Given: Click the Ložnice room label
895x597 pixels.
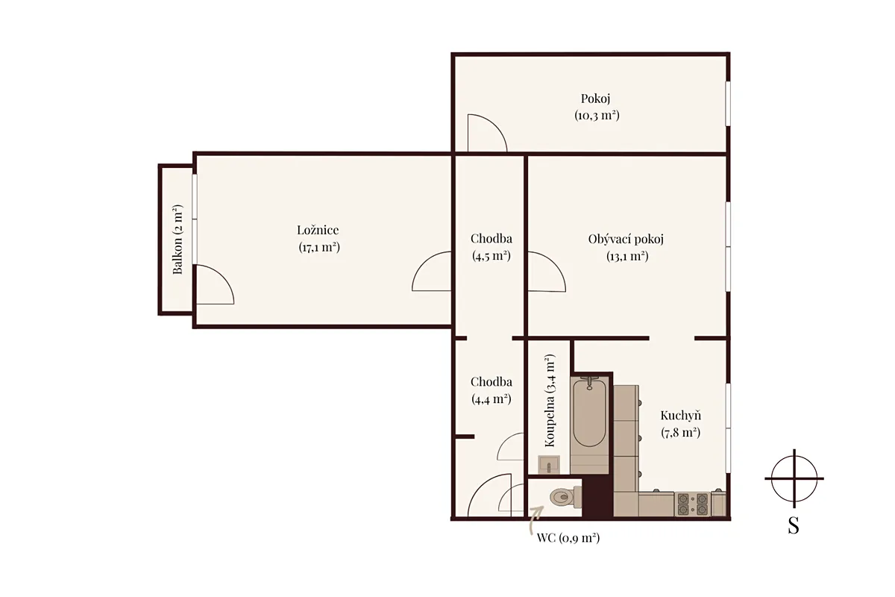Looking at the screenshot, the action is (318, 230).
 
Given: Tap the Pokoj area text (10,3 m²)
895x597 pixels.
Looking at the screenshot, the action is (597, 116).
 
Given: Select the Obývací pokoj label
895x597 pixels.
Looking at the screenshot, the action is (626, 239).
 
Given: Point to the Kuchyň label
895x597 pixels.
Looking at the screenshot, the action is (681, 416).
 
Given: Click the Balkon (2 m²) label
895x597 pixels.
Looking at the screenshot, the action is (178, 240).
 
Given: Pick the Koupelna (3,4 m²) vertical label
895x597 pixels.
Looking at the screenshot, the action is (550, 400).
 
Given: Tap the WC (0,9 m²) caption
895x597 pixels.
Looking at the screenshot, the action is (568, 538).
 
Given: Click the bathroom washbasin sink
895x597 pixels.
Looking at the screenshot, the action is (549, 465).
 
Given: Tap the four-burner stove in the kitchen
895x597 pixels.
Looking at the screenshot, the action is (692, 504).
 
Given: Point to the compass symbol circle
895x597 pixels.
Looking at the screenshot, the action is (794, 478).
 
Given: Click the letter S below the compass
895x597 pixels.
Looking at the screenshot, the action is (794, 526).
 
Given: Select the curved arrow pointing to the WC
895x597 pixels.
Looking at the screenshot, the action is (535, 520).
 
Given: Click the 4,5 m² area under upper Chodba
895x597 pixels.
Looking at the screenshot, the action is (491, 255).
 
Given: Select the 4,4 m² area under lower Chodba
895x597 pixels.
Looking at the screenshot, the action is (491, 398).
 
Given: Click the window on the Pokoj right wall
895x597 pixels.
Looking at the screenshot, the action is (728, 104).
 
